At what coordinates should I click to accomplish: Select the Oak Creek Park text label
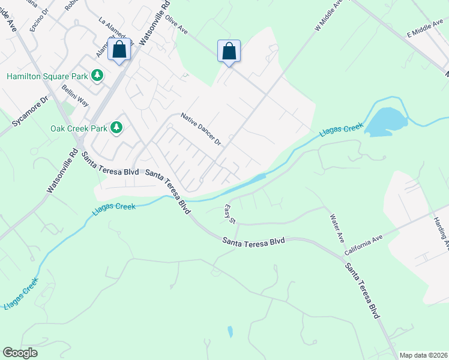pyautogui.click(x=79, y=128)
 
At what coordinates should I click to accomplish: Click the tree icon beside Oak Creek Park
pyautogui.click(x=116, y=127)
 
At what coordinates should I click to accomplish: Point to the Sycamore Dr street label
pyautogui.click(x=29, y=114)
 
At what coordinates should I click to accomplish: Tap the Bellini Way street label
pyautogui.click(x=75, y=95)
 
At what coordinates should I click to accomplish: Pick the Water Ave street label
pyautogui.click(x=336, y=229)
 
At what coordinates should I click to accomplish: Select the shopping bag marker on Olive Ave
pyautogui.click(x=229, y=51)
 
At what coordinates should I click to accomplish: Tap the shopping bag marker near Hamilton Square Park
pyautogui.click(x=119, y=50)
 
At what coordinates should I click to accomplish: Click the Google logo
pyautogui.click(x=20, y=353)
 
